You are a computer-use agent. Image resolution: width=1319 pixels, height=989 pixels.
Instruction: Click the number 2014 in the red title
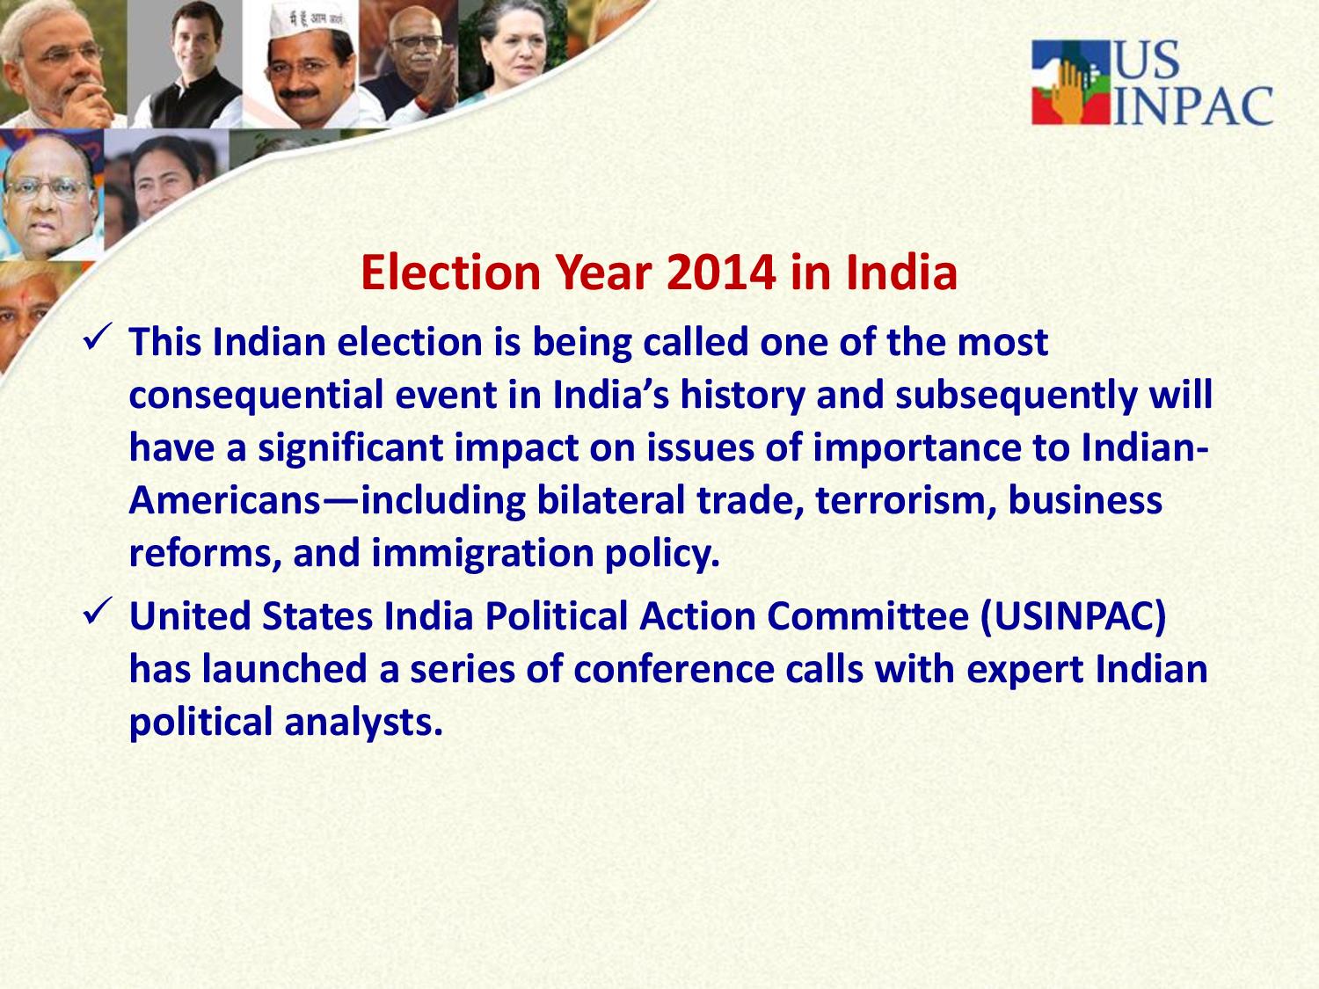pos(720,273)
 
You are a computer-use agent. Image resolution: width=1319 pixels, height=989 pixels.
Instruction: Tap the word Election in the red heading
pos(451,273)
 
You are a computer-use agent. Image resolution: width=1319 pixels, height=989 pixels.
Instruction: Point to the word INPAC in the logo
pos(1193,106)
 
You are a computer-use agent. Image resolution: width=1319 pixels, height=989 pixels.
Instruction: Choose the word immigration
pos(483,554)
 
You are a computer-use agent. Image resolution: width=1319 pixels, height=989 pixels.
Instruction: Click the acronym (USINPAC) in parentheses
pos(1074,617)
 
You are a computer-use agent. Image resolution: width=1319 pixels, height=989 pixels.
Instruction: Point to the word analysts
pos(363,722)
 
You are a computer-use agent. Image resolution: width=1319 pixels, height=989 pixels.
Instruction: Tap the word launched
pos(284,669)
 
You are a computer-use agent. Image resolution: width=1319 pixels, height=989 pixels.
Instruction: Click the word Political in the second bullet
pos(556,615)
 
